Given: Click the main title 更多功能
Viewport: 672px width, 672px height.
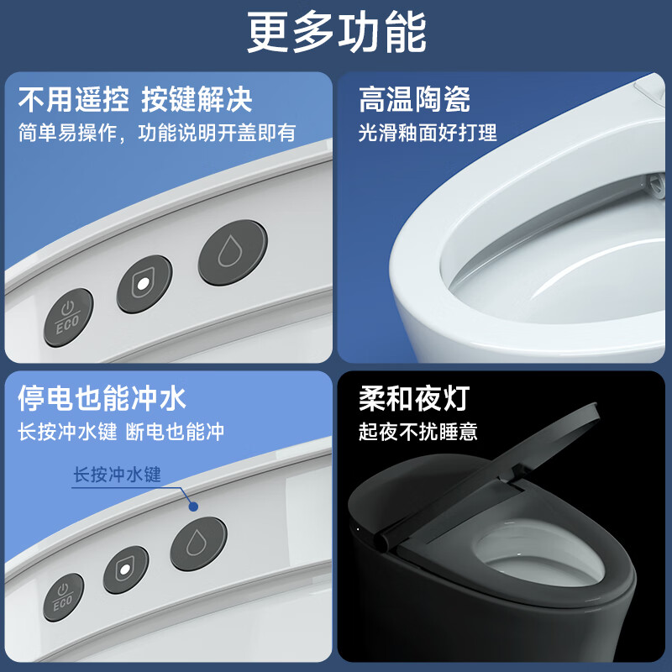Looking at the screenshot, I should (336, 33).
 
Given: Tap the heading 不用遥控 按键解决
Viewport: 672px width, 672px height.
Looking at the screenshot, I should (134, 100).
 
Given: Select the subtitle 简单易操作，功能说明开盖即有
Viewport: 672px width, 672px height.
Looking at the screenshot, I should (157, 132).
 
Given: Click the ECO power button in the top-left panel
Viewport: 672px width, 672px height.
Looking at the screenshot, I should (69, 317).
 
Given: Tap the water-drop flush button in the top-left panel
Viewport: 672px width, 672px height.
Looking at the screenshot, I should (230, 251).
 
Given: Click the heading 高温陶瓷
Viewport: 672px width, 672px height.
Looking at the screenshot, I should (414, 100).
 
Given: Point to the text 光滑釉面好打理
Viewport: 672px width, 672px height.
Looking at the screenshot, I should (428, 132).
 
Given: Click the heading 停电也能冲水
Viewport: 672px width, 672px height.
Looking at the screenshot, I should (102, 397).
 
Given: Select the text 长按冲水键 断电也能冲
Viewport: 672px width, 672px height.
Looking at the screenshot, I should (121, 432).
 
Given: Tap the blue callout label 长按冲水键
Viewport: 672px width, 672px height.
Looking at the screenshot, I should (116, 475).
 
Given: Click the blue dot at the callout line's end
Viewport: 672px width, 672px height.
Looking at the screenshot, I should (193, 507).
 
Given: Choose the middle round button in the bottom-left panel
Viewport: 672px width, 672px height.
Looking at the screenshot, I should (126, 570).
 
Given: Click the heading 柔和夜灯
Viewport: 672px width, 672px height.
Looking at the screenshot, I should (414, 397).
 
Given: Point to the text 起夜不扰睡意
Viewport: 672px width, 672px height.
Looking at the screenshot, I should (418, 432).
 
